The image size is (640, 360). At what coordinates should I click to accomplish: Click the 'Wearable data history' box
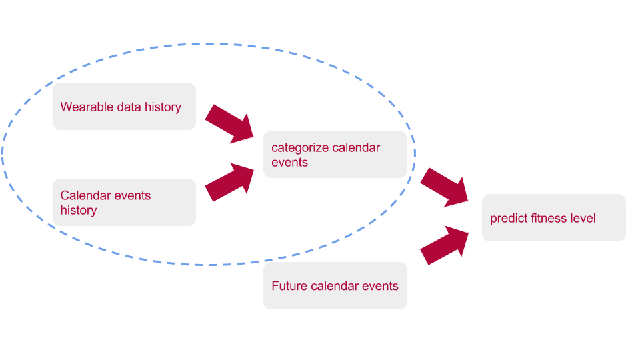tap(124, 107)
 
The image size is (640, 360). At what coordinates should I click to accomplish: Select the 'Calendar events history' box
tap(124, 202)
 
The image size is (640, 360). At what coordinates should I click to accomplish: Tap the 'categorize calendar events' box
tap(335, 155)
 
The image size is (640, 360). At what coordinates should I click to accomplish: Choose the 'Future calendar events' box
tap(335, 285)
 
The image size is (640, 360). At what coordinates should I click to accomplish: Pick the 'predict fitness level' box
tap(553, 218)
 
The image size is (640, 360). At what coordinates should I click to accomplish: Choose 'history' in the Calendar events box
tap(79, 211)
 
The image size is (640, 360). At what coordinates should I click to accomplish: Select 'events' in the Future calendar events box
tap(380, 286)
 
